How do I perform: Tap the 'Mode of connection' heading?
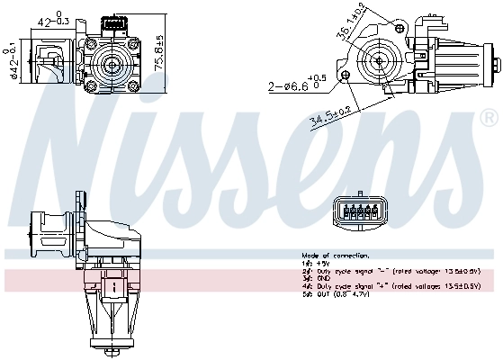pos(331,256)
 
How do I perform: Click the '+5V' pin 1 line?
pos(316,263)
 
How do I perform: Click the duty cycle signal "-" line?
pos(396,271)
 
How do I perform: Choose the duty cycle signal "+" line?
pos(396,286)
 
